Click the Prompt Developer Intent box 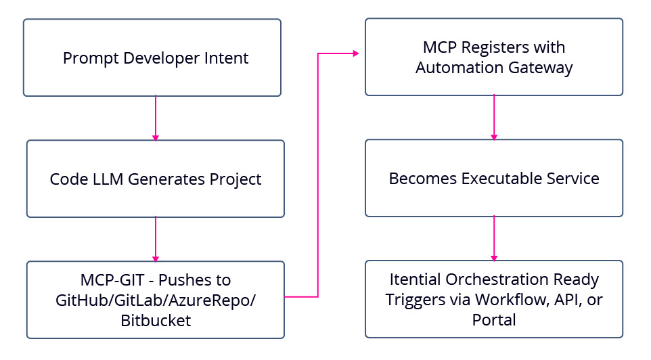pos(152,58)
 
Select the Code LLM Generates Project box pos(155,179)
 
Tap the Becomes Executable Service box pos(493,178)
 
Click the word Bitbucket pos(156,320)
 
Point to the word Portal pos(494,319)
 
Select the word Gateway pos(541,68)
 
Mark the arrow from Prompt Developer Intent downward pos(156,118)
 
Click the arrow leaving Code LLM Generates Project pos(156,239)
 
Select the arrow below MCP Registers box pos(494,117)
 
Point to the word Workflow pos(508,300)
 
